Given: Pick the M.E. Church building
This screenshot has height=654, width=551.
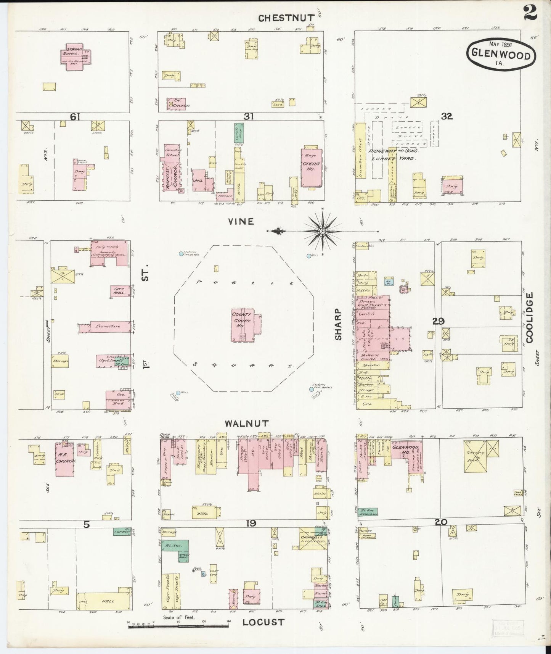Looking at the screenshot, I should pos(65,460).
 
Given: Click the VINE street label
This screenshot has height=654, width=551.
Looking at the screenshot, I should pos(241,222).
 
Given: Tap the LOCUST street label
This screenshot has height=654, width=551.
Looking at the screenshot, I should pos(263,622).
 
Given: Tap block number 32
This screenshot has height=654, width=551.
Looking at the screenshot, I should pos(447,117).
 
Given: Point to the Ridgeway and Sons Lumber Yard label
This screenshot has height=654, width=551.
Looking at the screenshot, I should pos(393,154).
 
